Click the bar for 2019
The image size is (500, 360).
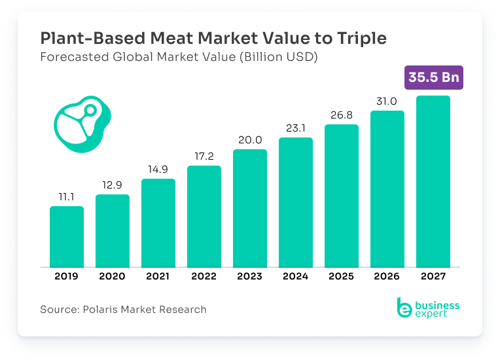tap(67, 236)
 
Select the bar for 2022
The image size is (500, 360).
tap(204, 216)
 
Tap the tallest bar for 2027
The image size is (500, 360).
tap(433, 181)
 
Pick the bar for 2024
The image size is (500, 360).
tap(296, 202)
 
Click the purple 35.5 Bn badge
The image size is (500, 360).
tap(434, 77)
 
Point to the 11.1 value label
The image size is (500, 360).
tap(66, 197)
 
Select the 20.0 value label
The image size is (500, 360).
tap(250, 140)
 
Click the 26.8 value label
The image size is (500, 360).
tap(342, 115)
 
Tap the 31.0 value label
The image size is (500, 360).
tap(387, 101)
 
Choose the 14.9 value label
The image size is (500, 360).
tap(158, 170)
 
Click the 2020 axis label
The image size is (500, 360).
tap(112, 276)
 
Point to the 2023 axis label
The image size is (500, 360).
tap(250, 276)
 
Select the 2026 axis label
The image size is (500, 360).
tap(387, 276)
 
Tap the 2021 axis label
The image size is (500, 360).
tap(158, 276)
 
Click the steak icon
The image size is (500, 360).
tap(82, 124)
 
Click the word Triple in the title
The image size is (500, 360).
tap(362, 39)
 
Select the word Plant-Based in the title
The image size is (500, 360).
tap(93, 38)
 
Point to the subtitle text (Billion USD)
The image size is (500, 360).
tap(279, 57)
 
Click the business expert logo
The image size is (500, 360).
tap(428, 308)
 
